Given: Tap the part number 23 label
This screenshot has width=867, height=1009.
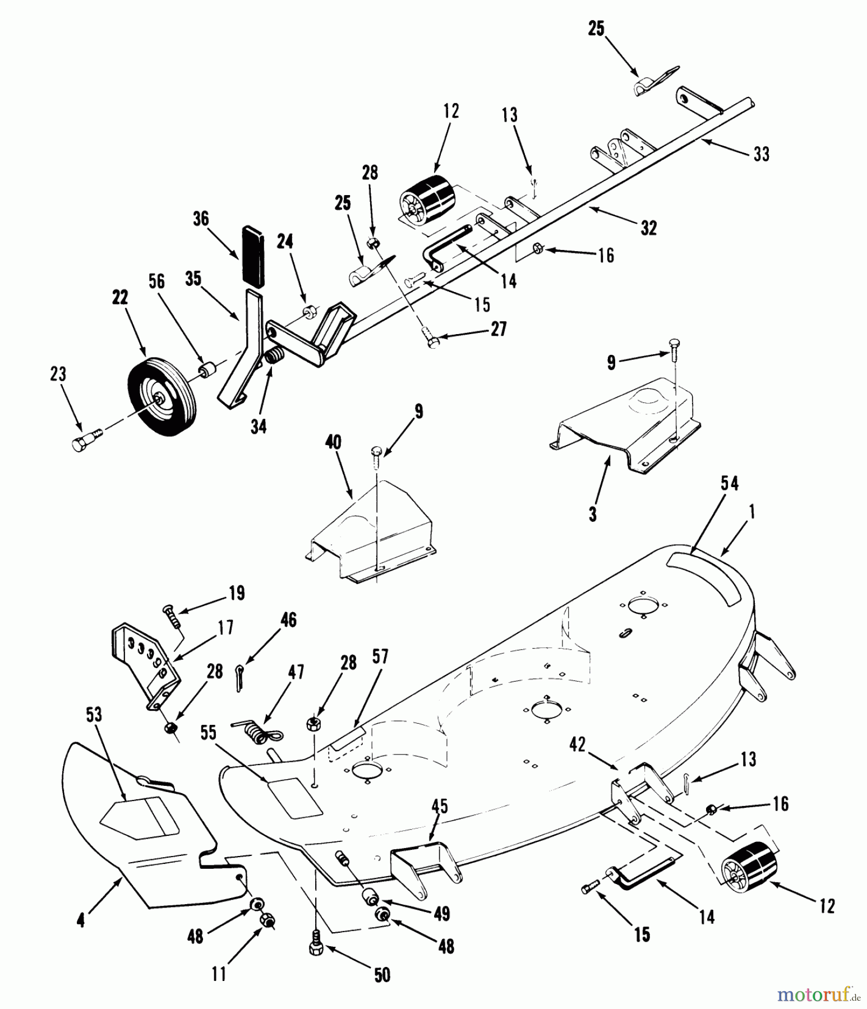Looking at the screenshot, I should [58, 374].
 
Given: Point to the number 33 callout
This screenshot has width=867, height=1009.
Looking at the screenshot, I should [761, 154].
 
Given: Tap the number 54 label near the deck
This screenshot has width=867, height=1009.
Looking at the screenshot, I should [730, 483].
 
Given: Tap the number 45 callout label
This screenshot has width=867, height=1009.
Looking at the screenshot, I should [440, 806].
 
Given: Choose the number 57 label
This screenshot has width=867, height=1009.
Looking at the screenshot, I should [380, 656].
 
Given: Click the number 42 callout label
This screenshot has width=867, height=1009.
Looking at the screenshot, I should [577, 744].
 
